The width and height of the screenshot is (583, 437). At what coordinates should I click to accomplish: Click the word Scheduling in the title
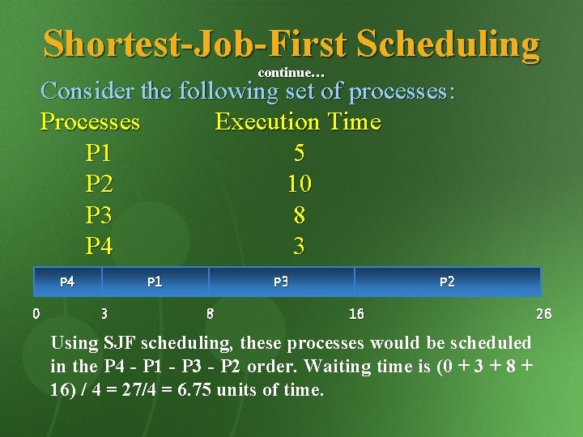[447, 44]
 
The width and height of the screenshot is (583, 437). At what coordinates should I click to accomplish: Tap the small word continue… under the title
[291, 73]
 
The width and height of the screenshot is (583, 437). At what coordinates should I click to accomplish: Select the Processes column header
[90, 122]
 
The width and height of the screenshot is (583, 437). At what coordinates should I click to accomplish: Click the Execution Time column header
[297, 122]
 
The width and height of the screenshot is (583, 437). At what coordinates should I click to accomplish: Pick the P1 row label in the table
[99, 153]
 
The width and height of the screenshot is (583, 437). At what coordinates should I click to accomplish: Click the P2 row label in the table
[99, 185]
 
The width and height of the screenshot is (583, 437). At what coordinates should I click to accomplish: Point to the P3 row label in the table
[99, 215]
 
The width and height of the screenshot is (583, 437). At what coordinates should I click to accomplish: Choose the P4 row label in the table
[99, 246]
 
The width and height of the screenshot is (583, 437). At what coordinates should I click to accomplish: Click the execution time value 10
[299, 185]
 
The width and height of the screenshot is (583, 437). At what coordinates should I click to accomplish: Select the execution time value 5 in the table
[299, 153]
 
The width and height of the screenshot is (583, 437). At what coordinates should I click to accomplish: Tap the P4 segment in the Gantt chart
[68, 282]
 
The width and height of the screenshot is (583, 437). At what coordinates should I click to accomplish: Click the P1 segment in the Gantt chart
[155, 282]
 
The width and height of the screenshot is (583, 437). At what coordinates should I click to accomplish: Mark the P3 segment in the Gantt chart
[281, 282]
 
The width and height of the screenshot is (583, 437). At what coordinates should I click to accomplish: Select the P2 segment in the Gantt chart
[447, 282]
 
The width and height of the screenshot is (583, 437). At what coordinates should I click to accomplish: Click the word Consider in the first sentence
[87, 91]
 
